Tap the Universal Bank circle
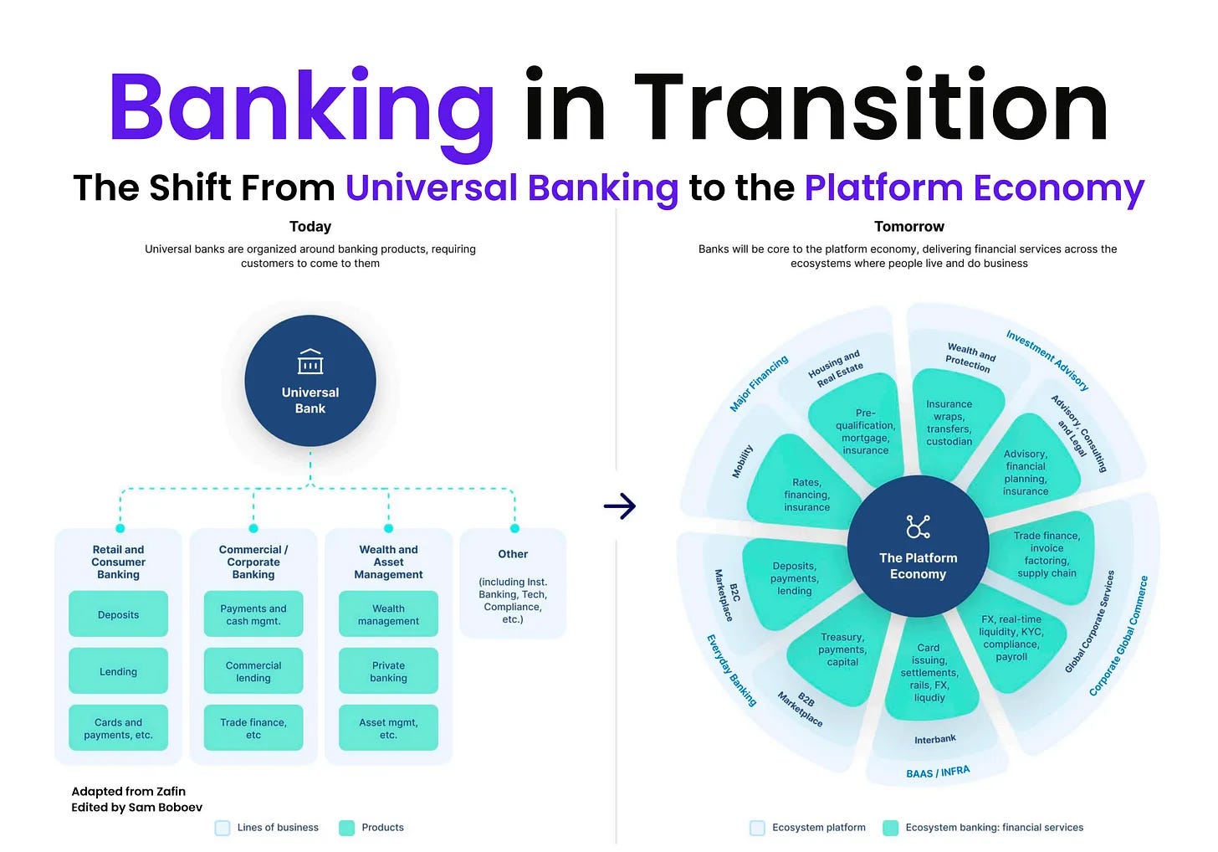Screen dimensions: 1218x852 (310, 381)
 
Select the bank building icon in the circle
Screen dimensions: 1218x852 (310, 362)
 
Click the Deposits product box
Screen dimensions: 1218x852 (118, 614)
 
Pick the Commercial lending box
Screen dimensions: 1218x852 (253, 671)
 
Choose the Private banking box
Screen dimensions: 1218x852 (388, 671)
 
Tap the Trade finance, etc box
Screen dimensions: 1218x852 (253, 728)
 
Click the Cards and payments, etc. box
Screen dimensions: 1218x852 (118, 728)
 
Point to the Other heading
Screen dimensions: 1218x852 (513, 554)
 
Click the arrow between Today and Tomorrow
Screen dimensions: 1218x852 (620, 506)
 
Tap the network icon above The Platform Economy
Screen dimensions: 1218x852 (918, 527)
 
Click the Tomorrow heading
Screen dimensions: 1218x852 (908, 227)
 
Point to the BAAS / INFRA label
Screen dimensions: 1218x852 (938, 772)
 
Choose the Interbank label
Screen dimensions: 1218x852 (934, 740)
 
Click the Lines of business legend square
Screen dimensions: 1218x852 (223, 828)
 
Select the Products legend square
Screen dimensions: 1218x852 (346, 828)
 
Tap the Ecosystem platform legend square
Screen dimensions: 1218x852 (757, 828)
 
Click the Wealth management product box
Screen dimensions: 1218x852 (388, 614)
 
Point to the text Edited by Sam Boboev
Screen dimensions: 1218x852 (136, 808)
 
